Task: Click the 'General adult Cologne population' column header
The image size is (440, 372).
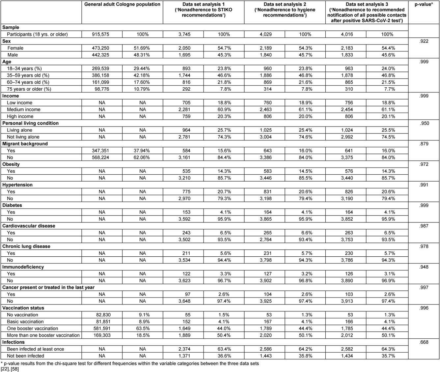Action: (x=122, y=4)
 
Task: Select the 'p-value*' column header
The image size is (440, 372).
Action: (x=424, y=4)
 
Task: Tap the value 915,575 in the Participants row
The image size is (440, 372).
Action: (x=102, y=34)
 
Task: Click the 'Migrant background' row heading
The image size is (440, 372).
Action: (x=25, y=144)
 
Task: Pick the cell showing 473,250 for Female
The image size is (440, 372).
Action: (x=102, y=48)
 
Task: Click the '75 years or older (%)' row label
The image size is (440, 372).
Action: (x=29, y=89)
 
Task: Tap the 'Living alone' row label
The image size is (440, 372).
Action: (x=19, y=130)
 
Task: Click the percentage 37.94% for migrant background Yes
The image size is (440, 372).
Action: (x=142, y=151)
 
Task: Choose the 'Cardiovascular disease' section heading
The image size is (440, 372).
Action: (x=29, y=226)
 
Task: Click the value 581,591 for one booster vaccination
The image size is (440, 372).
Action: (x=102, y=329)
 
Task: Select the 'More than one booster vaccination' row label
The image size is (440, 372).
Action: (x=43, y=335)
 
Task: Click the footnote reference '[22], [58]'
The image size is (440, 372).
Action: (x=10, y=369)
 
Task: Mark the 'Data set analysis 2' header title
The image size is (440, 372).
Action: (x=285, y=4)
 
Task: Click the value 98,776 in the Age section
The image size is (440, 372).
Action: (x=102, y=89)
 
